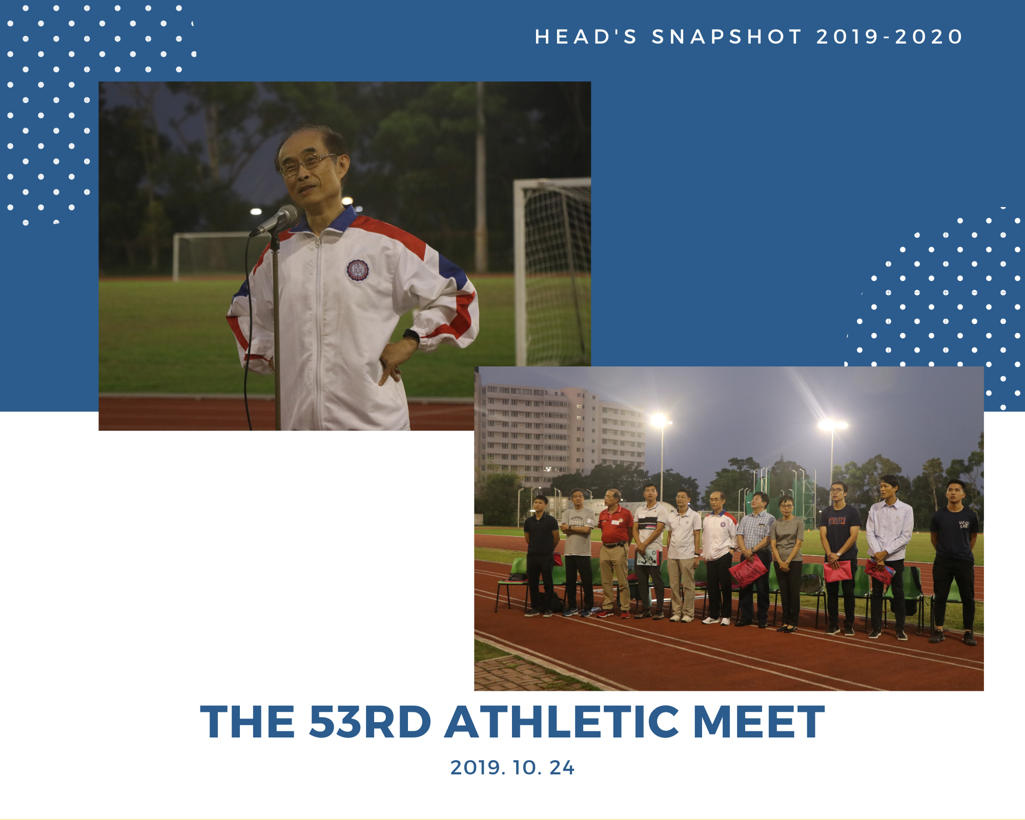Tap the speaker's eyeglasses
tap(306, 163)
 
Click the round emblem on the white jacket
tap(358, 270)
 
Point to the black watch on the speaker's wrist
tap(411, 336)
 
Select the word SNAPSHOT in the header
tap(727, 37)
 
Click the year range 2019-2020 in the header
tap(890, 37)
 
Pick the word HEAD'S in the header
tap(586, 37)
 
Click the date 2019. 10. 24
tap(512, 768)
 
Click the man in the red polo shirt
tap(614, 553)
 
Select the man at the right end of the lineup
tap(954, 561)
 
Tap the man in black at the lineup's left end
tap(541, 556)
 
